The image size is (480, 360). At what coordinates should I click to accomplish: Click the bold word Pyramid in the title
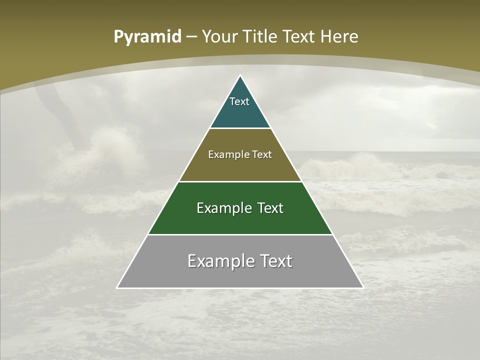[x=147, y=37]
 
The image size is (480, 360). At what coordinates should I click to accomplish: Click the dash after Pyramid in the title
[x=191, y=37]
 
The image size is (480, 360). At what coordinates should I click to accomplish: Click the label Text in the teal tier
[x=239, y=101]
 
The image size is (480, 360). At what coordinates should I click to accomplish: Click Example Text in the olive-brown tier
[x=240, y=154]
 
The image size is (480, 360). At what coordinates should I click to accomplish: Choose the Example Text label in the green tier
[x=240, y=208]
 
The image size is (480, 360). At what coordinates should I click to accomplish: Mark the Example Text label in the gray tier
[x=240, y=261]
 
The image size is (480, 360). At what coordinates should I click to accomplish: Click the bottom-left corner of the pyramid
[x=117, y=287]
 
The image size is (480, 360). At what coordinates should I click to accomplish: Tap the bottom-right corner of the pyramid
[x=363, y=287]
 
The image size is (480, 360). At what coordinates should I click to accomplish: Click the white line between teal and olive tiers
[x=240, y=128]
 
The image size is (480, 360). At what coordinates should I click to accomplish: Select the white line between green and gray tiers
[x=240, y=234]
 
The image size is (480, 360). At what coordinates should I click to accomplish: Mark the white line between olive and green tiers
[x=240, y=181]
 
